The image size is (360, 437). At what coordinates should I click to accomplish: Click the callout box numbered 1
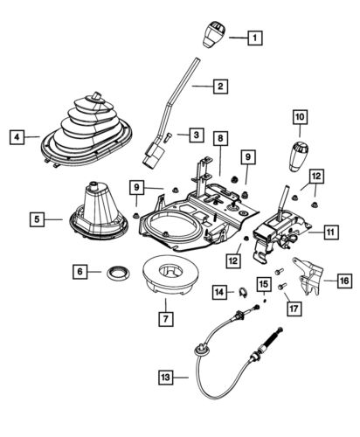pos(253,38)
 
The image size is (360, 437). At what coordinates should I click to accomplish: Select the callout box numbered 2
pos(221,86)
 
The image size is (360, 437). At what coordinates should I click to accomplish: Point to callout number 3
pos(197,135)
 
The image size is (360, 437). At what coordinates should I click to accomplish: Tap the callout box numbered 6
pos(80,273)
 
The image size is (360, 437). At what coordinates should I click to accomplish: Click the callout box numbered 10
pos(300,115)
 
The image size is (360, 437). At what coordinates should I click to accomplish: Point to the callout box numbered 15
pos(264,283)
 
